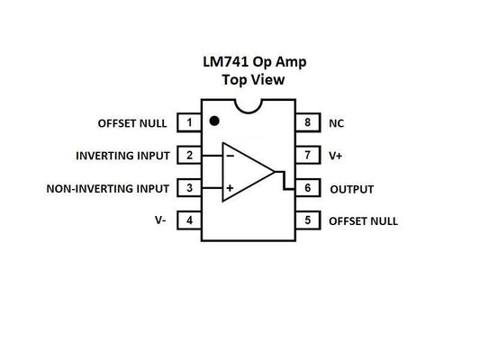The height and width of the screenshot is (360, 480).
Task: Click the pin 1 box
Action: pyautogui.click(x=189, y=121)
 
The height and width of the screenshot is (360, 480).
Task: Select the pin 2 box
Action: pyautogui.click(x=189, y=155)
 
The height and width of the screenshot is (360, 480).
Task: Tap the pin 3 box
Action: pyautogui.click(x=189, y=188)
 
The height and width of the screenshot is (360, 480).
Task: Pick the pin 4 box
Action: pyautogui.click(x=189, y=220)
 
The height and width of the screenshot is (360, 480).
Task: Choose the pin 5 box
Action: pyautogui.click(x=307, y=220)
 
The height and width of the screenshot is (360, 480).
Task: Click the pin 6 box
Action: pyautogui.click(x=307, y=189)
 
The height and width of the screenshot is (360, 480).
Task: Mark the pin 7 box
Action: pyautogui.click(x=307, y=155)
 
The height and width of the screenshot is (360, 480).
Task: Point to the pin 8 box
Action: pyautogui.click(x=307, y=121)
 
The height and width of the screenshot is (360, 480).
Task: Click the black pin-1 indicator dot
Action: pyautogui.click(x=214, y=120)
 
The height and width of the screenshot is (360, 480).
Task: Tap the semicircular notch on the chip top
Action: pyautogui.click(x=248, y=107)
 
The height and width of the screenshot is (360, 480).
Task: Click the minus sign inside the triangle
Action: pyautogui.click(x=231, y=155)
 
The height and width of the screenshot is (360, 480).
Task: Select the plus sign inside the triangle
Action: pyautogui.click(x=231, y=188)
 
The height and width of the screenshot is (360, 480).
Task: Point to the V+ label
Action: pyautogui.click(x=336, y=155)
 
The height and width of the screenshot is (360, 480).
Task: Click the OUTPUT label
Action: pyautogui.click(x=351, y=189)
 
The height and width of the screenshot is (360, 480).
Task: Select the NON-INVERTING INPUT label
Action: pyautogui.click(x=107, y=188)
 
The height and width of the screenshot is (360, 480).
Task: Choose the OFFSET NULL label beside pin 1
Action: pyautogui.click(x=132, y=121)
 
